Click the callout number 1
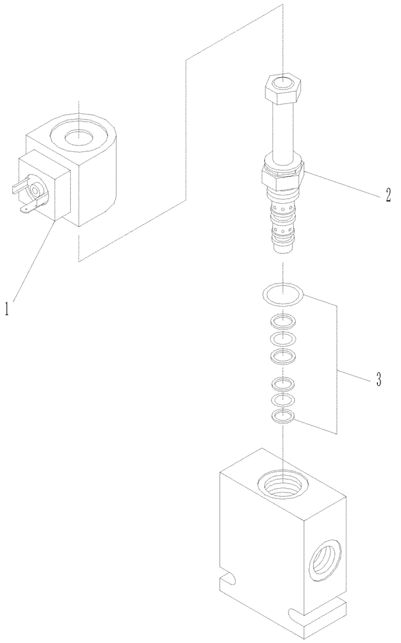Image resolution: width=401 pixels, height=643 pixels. click(x=8, y=309)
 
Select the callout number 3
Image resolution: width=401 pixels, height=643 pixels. click(x=379, y=380)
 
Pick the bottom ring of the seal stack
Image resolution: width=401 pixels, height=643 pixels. click(x=283, y=416)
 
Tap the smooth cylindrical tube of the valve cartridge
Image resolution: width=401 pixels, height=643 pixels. click(x=282, y=132)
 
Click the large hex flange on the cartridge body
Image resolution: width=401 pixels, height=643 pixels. click(x=283, y=174)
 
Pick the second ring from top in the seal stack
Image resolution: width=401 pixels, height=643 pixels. click(x=283, y=321)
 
